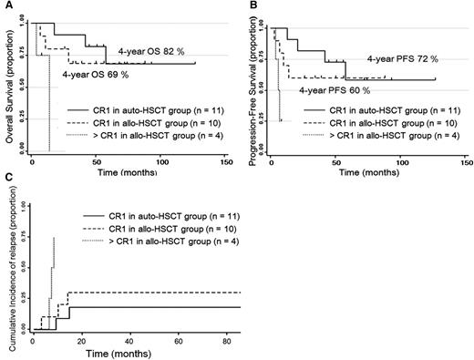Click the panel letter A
coord(5,6)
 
